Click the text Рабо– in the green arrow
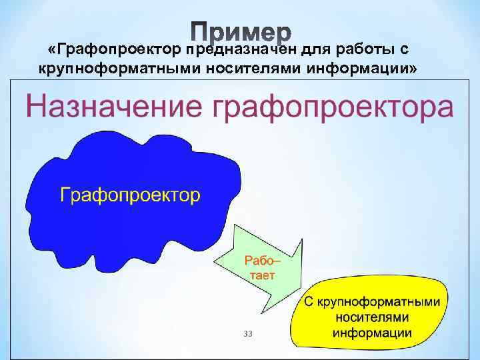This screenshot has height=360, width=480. point(260,260)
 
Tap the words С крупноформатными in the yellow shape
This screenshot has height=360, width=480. point(372,301)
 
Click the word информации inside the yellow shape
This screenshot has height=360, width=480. point(372,332)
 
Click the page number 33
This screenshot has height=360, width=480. point(249,333)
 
